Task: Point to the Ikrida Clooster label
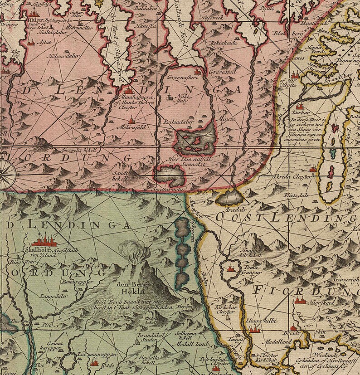tap(288, 175)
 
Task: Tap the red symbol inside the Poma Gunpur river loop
tap(231, 268)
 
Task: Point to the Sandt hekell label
tap(121, 175)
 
